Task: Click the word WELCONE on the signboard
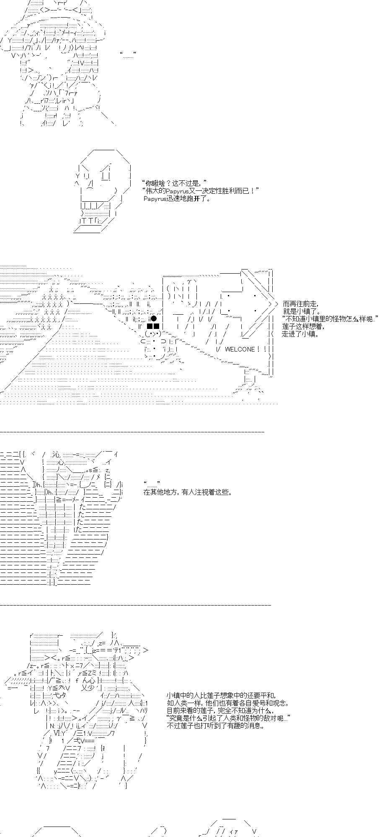click(x=240, y=349)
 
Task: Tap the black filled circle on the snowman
click(x=154, y=319)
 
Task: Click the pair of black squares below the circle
click(x=152, y=326)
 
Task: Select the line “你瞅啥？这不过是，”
click(x=175, y=183)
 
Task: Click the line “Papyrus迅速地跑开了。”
click(x=177, y=198)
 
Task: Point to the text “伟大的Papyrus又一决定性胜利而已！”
click(x=201, y=191)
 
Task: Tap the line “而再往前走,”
click(x=300, y=304)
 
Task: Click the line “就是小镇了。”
click(x=302, y=311)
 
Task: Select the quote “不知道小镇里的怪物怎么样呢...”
click(x=330, y=319)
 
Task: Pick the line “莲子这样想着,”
click(x=303, y=326)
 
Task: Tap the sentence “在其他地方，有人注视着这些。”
click(x=188, y=492)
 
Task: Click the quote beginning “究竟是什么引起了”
click(x=228, y=718)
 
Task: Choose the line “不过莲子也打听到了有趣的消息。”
click(x=216, y=725)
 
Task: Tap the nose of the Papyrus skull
click(x=89, y=183)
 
